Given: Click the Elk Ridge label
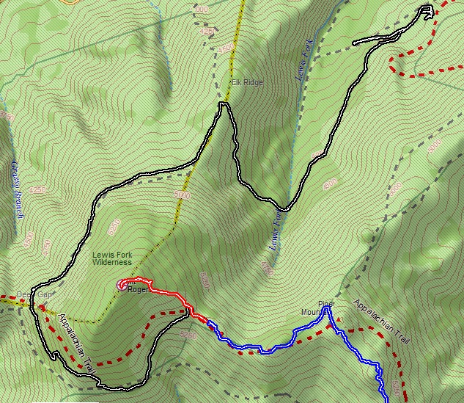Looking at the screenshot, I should coord(247,82).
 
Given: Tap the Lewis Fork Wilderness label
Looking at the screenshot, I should coord(111,258).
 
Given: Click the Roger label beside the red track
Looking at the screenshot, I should coord(138,289).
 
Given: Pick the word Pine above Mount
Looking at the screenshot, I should coord(325,303).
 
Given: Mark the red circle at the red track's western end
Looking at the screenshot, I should coord(121,286).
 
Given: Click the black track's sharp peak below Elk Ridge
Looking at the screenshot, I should coord(224,105).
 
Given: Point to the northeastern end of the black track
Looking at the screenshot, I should coord(427,9).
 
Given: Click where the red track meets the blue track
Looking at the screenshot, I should coord(207,321).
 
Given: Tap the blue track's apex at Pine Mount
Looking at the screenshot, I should coord(328,309).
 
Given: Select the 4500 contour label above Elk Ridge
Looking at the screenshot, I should coord(226,48).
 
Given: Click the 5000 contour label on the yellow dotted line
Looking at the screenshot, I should coord(183,196).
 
